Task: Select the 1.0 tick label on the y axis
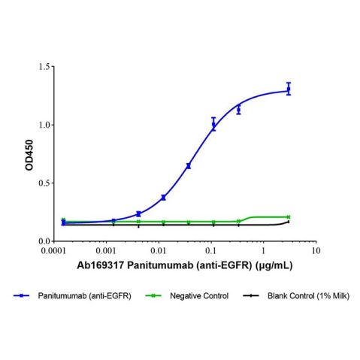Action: coord(44,125)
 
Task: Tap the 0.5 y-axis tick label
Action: coord(44,183)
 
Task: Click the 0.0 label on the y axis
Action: coord(44,241)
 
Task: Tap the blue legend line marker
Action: coord(26,297)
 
